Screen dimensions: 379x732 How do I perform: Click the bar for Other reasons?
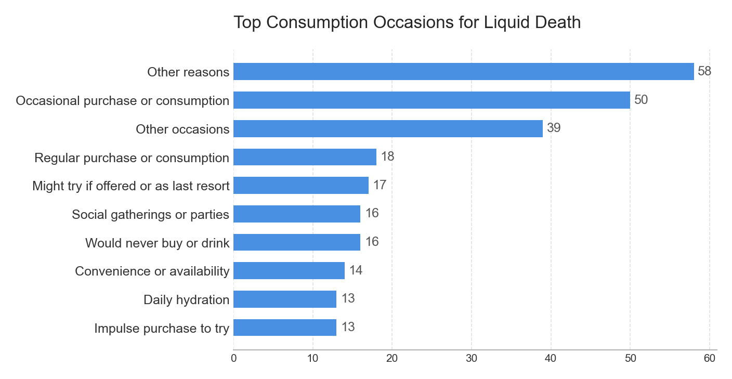[x=463, y=72]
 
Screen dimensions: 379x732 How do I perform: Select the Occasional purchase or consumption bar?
[x=432, y=100]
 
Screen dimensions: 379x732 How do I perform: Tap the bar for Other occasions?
[x=388, y=129]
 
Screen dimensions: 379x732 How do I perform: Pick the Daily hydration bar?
[x=285, y=299]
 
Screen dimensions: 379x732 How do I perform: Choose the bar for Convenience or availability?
[x=289, y=271]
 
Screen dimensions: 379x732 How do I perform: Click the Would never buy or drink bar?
[x=297, y=242]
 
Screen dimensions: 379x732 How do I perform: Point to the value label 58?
[x=704, y=71]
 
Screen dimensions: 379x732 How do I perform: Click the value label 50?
[x=641, y=100]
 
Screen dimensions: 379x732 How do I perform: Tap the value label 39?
[x=554, y=128]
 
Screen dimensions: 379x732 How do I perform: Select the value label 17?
[x=380, y=185]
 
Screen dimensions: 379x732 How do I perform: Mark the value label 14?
[x=356, y=270]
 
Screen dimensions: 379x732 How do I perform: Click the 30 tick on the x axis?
[x=472, y=358]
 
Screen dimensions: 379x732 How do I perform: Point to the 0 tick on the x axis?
[x=233, y=358]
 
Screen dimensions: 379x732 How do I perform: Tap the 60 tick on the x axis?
[x=710, y=358]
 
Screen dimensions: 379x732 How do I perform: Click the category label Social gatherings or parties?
[x=150, y=214]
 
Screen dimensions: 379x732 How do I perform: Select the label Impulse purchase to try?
[x=162, y=329]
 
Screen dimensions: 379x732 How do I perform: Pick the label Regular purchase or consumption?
[x=132, y=158]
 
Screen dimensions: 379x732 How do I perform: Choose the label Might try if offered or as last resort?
[x=130, y=186]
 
